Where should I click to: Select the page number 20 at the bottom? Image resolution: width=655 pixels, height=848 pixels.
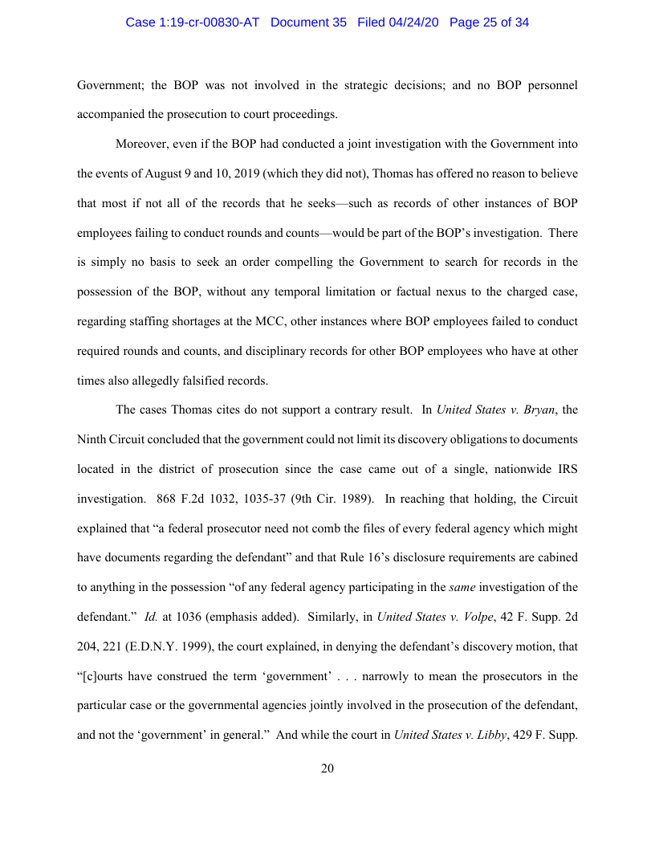click(327, 768)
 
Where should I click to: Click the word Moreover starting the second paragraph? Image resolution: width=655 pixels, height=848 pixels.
click(142, 144)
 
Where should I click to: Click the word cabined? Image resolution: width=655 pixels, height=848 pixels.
click(555, 557)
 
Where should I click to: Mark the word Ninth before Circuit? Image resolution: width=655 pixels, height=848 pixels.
click(94, 439)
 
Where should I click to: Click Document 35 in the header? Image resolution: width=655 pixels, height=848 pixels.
click(309, 22)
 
